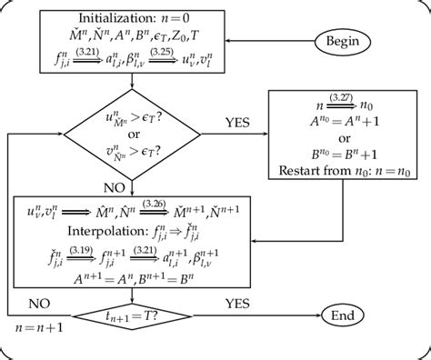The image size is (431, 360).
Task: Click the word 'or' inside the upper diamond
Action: coord(134,132)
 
